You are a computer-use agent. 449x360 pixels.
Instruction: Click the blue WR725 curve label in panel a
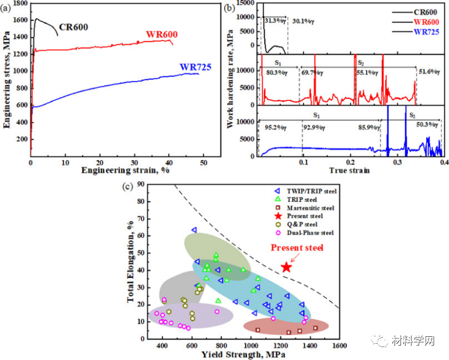tap(195, 67)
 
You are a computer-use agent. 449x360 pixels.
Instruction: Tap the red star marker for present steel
tap(286, 267)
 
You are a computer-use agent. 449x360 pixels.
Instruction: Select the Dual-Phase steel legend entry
tap(310, 233)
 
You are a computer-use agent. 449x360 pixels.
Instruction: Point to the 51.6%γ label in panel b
tap(430, 72)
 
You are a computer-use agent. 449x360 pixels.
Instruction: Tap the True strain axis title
tap(350, 171)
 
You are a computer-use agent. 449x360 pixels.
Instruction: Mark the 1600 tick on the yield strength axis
tap(339, 345)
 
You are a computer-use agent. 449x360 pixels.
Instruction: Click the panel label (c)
tap(128, 187)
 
